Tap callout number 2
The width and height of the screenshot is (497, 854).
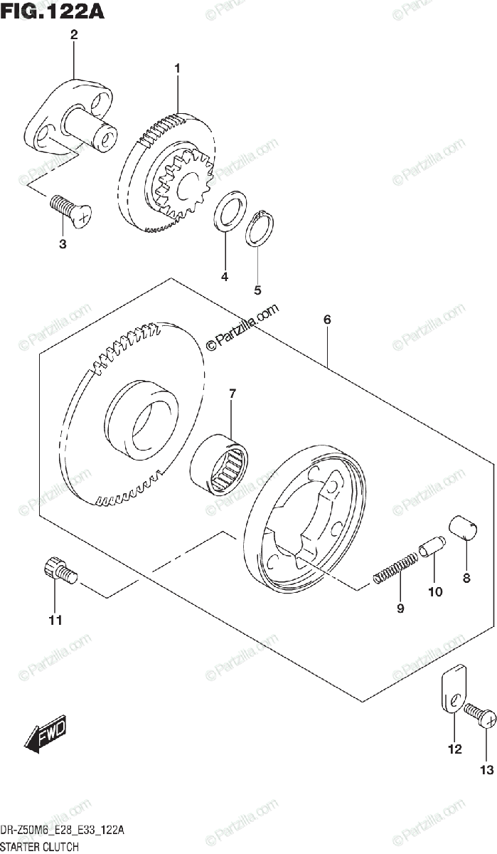tap(74, 34)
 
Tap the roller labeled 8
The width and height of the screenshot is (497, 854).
tap(464, 532)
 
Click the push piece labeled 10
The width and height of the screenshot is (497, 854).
tap(432, 549)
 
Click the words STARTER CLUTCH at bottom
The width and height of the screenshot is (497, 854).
tap(39, 847)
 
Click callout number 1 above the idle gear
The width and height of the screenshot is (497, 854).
tap(178, 68)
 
